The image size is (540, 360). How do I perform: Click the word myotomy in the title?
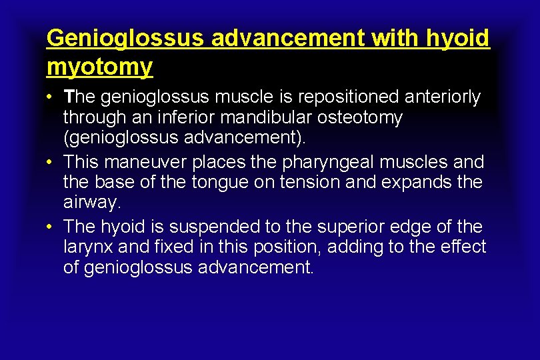99,66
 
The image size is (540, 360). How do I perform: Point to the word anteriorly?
442,97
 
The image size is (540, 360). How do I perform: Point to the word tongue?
218,182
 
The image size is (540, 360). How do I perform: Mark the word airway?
91,203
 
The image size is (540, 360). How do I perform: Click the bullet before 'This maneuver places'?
51,163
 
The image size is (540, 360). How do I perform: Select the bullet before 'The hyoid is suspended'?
51,227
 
